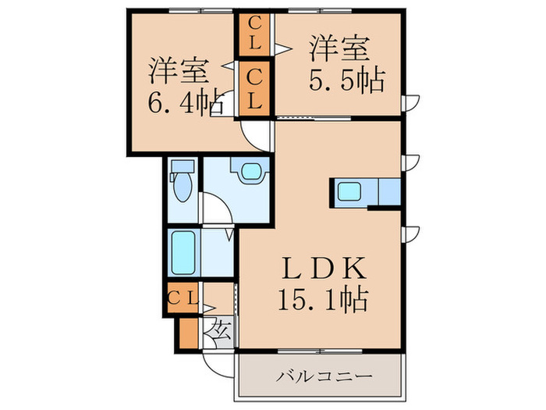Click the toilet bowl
183,186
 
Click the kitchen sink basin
348,191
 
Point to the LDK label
324,270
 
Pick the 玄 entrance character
218,330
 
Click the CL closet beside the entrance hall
184,297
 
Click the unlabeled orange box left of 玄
188,331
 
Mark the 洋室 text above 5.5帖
339,49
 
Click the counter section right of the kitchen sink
387,191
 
